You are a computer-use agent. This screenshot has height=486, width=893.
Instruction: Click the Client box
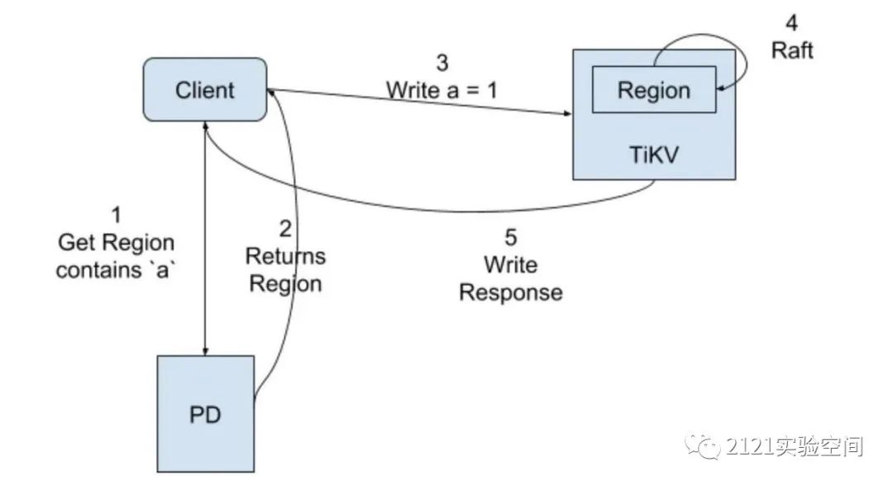pos(205,89)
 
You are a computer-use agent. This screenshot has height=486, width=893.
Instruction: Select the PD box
pos(205,413)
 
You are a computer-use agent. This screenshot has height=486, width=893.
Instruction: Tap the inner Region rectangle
pos(653,90)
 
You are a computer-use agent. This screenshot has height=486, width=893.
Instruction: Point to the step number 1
pos(116,215)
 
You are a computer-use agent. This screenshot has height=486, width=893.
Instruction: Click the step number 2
pos(285,228)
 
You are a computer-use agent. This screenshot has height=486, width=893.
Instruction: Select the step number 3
pos(442,62)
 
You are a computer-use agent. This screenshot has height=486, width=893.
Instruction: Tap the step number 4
pos(792,22)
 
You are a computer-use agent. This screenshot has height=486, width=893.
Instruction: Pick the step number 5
pos(511,238)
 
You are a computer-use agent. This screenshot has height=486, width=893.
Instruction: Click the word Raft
pos(792,50)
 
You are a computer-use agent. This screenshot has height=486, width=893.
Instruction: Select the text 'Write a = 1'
pos(442,89)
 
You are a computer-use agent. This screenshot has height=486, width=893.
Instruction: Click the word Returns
pos(285,256)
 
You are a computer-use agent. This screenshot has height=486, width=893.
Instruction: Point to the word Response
pos(511,293)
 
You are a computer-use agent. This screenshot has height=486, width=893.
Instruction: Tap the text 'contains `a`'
pos(116,271)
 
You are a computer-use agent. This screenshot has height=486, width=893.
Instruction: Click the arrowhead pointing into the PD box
pos(205,350)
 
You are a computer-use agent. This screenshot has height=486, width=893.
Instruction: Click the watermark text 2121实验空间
pos(795,447)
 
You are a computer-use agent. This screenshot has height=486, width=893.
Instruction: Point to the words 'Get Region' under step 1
pos(116,243)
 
